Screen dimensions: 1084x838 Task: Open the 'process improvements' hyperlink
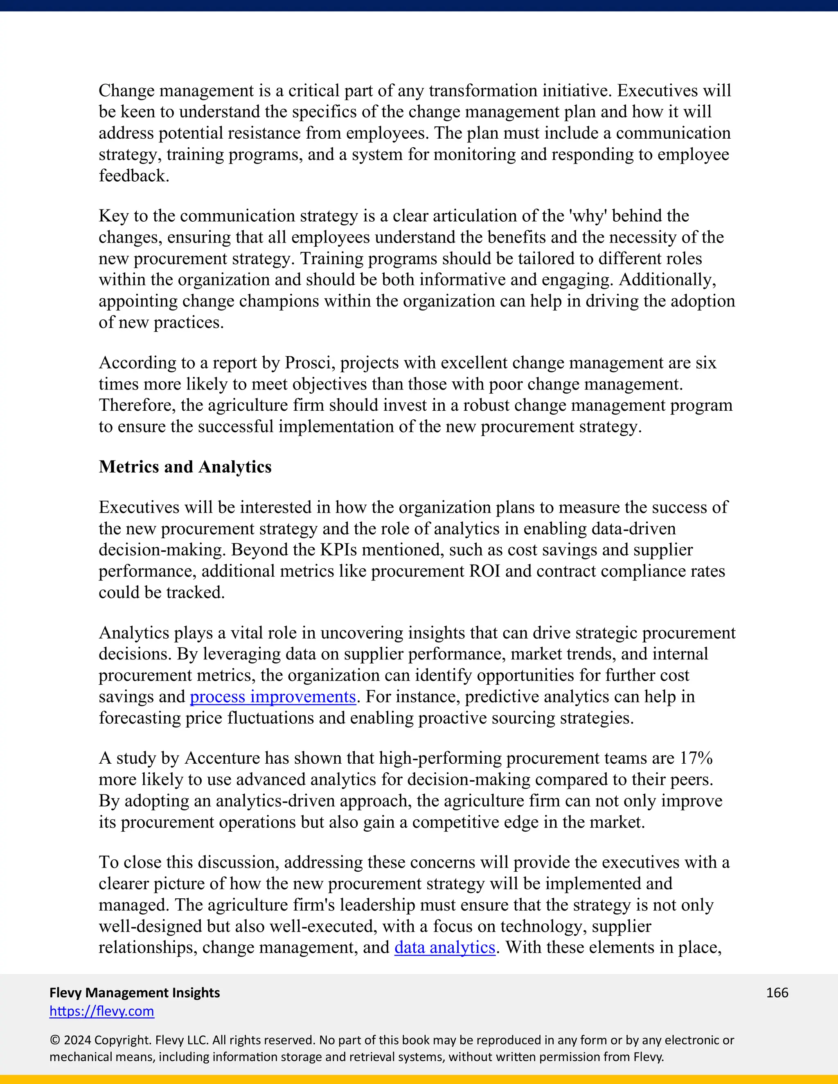point(273,697)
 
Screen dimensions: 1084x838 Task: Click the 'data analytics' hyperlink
point(445,947)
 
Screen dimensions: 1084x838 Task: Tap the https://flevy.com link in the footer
point(102,1011)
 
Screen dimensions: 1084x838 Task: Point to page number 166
point(777,993)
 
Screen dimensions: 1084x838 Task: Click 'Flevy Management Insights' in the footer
point(135,993)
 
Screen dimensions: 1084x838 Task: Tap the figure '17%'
point(696,758)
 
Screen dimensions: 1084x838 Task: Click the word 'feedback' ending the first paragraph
point(133,176)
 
